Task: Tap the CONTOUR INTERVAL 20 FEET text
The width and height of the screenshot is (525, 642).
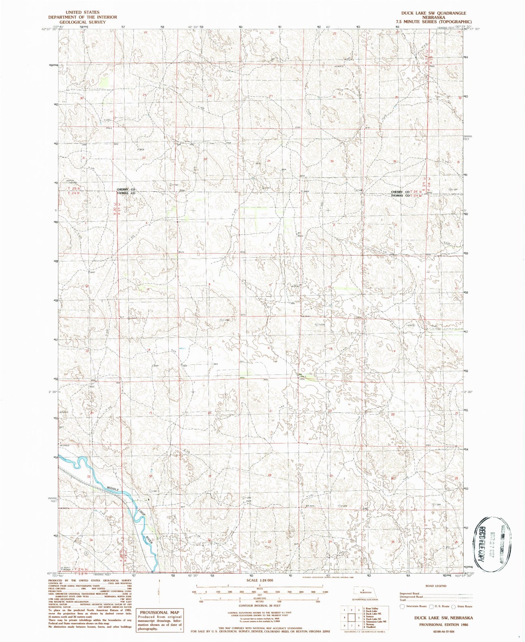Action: [259, 606]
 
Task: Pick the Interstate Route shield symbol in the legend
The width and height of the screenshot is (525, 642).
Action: [402, 606]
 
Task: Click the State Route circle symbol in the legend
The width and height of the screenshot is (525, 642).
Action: [454, 606]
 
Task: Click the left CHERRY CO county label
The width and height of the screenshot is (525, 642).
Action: [126, 190]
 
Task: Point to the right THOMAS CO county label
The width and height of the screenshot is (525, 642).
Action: [400, 196]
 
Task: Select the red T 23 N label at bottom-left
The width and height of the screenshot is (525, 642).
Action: [79, 574]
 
